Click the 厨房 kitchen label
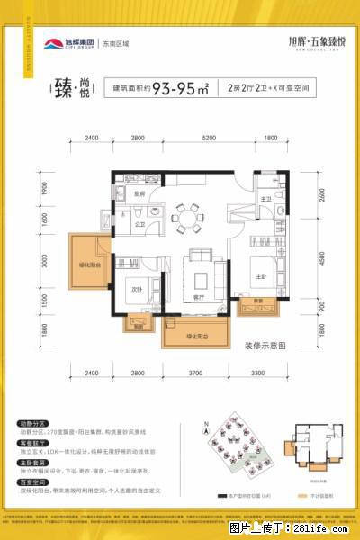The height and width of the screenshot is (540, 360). [141, 193]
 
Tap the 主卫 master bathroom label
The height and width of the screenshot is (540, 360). [265, 198]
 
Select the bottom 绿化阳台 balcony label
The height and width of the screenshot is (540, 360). [195, 335]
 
